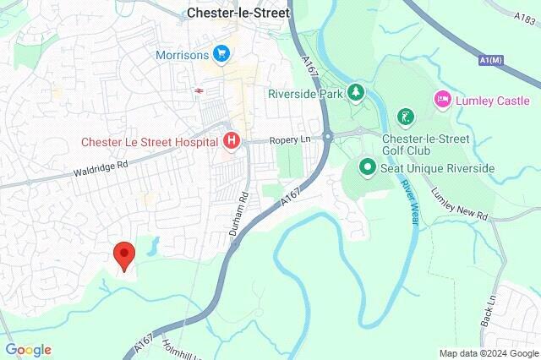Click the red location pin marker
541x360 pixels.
point(124,254)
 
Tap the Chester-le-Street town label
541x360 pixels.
point(238,14)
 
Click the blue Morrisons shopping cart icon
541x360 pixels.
point(222,54)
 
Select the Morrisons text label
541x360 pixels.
point(182,55)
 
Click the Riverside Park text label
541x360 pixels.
point(305,94)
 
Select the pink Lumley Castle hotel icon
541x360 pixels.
point(443,101)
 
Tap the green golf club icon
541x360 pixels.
point(407,117)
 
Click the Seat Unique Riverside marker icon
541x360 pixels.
point(367,167)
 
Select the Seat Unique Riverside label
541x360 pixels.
point(437,168)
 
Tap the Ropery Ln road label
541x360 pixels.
point(290,140)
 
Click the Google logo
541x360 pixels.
point(28,350)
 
